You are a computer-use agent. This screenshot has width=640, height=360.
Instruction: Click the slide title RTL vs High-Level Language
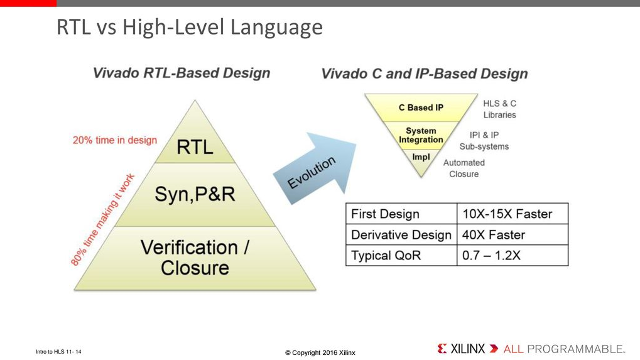189,27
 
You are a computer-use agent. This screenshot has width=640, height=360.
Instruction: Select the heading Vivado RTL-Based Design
182,73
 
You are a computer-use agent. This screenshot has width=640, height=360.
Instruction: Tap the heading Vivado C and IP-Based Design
424,74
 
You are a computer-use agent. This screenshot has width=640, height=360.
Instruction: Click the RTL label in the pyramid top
194,147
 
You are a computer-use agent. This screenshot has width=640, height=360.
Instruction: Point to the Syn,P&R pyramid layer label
195,194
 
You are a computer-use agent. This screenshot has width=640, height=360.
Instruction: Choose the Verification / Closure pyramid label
195,258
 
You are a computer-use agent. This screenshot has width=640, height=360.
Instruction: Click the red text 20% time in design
114,140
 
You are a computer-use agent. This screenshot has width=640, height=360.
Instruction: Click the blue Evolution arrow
314,170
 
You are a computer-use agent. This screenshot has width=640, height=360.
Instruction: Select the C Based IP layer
421,107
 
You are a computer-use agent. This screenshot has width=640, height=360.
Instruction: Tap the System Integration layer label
421,136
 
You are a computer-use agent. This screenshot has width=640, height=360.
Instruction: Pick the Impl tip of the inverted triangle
421,157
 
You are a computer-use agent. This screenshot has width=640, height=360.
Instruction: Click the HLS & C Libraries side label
500,109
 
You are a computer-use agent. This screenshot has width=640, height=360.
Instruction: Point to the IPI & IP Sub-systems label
489,141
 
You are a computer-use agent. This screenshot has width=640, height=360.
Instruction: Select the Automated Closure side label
464,168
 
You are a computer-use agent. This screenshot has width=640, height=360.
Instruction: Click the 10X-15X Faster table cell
507,214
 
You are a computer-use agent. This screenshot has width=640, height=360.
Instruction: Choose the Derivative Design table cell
401,235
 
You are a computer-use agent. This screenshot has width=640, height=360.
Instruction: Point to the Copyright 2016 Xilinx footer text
320,352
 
